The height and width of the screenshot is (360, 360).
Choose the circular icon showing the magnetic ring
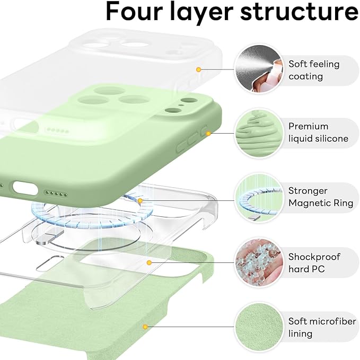pyautogui.click(x=258, y=197)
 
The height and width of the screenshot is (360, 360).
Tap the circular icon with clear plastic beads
pyautogui.click(x=258, y=262)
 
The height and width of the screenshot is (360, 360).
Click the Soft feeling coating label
pyautogui.click(x=314, y=70)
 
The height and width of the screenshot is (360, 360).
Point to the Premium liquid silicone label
pyautogui.click(x=318, y=133)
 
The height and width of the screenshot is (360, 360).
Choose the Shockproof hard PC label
pyautogui.click(x=314, y=262)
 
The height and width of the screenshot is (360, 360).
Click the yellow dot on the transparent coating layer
pyautogui.click(x=198, y=69)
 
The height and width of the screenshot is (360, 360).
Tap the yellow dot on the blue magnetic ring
pyautogui.click(x=141, y=201)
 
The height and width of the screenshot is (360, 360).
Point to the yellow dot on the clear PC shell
pyautogui.click(x=150, y=262)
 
